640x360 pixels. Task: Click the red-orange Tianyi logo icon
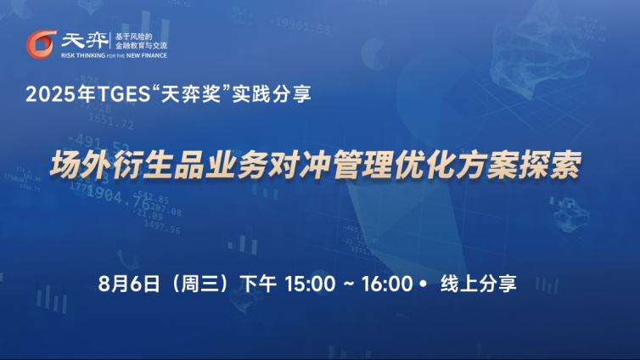(x=42, y=44)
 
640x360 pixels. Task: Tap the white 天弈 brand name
(x=85, y=41)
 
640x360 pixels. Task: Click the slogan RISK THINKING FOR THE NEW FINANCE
(x=114, y=55)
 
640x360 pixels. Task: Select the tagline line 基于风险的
(x=133, y=37)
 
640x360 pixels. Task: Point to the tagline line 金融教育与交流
(x=141, y=46)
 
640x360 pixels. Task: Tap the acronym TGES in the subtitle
(x=124, y=94)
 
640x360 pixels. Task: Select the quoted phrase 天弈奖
(x=191, y=94)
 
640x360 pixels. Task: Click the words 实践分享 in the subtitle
(x=272, y=94)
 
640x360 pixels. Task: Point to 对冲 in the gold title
(x=299, y=165)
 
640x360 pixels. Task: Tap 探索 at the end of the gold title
(x=549, y=165)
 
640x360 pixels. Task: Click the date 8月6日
(x=128, y=284)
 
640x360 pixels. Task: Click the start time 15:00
(x=310, y=284)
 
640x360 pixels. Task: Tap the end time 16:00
(x=387, y=284)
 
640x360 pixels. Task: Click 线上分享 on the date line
(x=479, y=284)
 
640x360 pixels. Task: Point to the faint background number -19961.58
(x=300, y=25)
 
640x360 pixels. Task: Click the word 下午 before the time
(x=258, y=284)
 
